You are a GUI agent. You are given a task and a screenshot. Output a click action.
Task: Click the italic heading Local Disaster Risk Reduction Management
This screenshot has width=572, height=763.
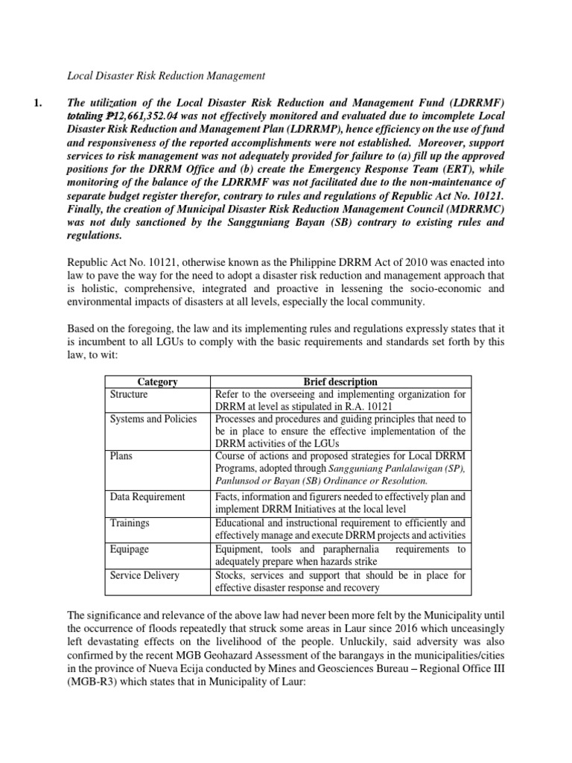point(166,75)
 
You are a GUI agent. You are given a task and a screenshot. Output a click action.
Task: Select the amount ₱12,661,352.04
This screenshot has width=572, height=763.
point(150,115)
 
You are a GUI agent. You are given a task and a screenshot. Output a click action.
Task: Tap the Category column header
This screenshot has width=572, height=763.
point(157,381)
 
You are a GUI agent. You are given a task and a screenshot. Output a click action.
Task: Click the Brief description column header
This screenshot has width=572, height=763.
point(340,381)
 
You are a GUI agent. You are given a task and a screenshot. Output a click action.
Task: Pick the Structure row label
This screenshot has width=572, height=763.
point(129,394)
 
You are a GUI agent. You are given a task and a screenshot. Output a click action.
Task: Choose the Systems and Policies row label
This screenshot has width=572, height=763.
point(153,419)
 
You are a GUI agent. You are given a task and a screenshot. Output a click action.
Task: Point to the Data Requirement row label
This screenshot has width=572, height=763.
point(147,496)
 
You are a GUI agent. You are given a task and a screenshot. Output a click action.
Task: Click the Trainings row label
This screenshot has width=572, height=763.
point(127,523)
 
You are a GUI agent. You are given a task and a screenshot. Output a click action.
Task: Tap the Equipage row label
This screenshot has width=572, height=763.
point(129,549)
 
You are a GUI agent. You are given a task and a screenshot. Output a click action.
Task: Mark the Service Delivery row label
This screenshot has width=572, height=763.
point(144,575)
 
